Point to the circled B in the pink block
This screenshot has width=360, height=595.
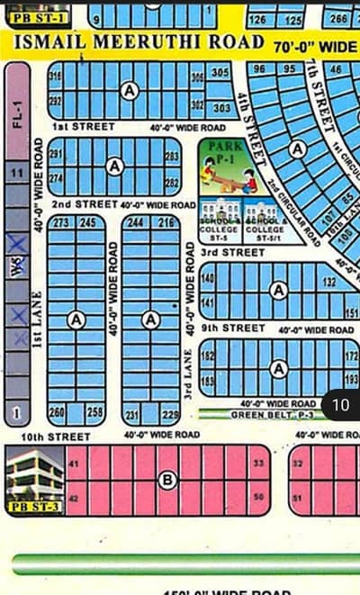[166, 481]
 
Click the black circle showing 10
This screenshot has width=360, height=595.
[340, 405]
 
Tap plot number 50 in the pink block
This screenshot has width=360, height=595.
[258, 497]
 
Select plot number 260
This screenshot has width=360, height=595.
[58, 411]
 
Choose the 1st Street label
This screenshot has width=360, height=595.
[75, 127]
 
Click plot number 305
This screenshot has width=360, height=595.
[220, 72]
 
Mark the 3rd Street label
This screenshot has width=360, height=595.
[232, 254]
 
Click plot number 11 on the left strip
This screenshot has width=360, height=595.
[15, 170]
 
